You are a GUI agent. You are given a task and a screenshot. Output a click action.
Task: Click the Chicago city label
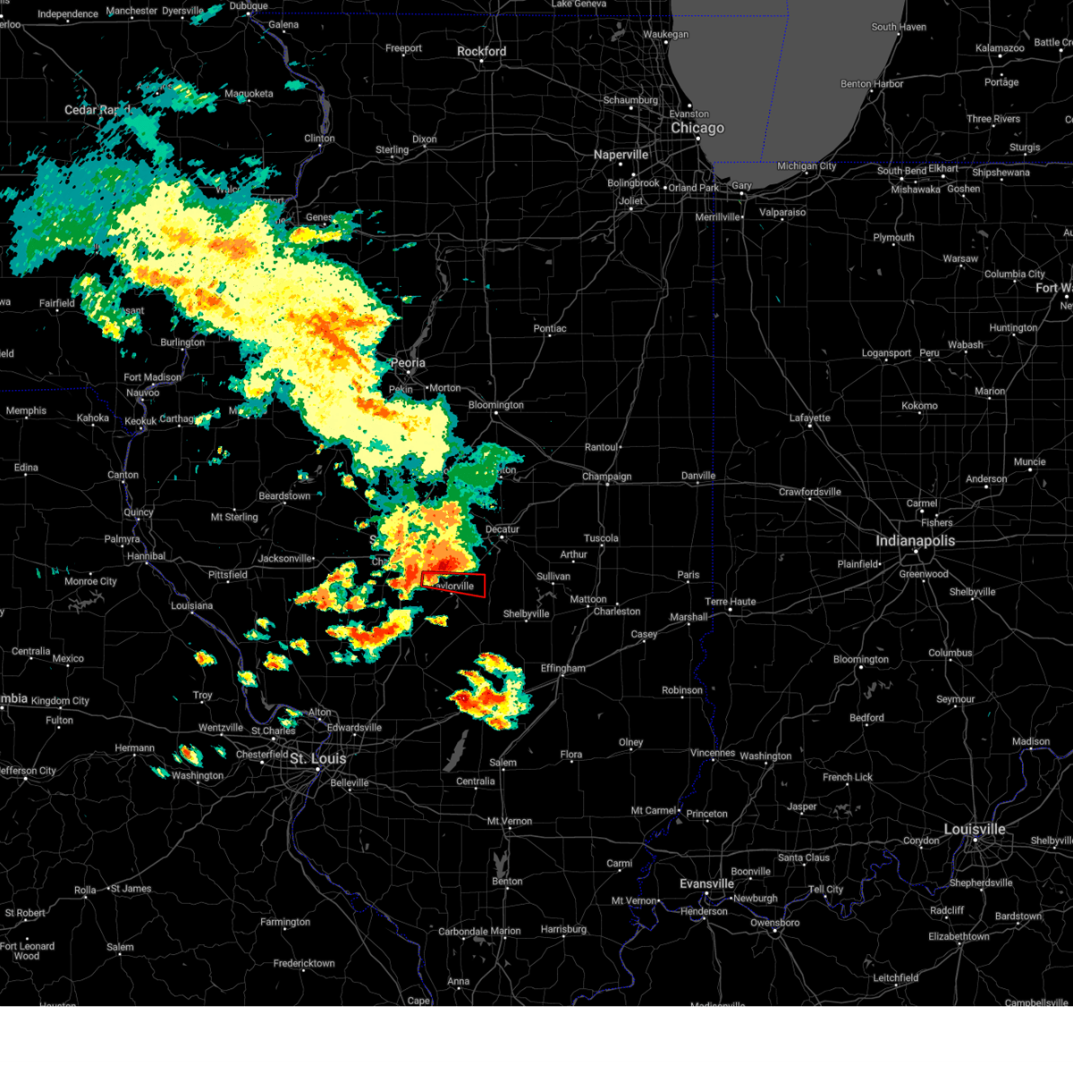[697, 128]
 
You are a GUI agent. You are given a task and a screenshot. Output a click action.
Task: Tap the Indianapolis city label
[915, 541]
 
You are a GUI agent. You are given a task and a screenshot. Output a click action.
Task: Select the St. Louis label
[317, 758]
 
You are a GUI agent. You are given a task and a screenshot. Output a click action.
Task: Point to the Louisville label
[975, 829]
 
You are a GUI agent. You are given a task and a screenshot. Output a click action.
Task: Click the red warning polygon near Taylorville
[453, 585]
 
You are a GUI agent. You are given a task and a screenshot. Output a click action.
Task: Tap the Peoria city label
[408, 363]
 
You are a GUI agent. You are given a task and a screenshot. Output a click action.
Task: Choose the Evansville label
[706, 883]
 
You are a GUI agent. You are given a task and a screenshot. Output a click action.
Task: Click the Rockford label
[481, 51]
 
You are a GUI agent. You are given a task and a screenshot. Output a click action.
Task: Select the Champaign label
[606, 477]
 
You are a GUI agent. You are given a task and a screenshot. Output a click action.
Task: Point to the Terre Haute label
[730, 602]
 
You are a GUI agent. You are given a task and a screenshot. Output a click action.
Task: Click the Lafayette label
[809, 418]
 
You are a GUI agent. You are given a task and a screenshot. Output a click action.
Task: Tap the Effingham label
[562, 668]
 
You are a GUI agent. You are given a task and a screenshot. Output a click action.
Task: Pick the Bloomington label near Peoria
[495, 405]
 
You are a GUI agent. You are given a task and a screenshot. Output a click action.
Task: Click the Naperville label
[621, 155]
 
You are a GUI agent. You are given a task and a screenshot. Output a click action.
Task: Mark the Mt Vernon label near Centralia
[509, 821]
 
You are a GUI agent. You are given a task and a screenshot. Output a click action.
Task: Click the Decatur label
[502, 529]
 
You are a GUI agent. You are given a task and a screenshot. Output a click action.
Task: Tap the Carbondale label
[462, 932]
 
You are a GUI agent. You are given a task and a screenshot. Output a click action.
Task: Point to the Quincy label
[139, 512]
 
